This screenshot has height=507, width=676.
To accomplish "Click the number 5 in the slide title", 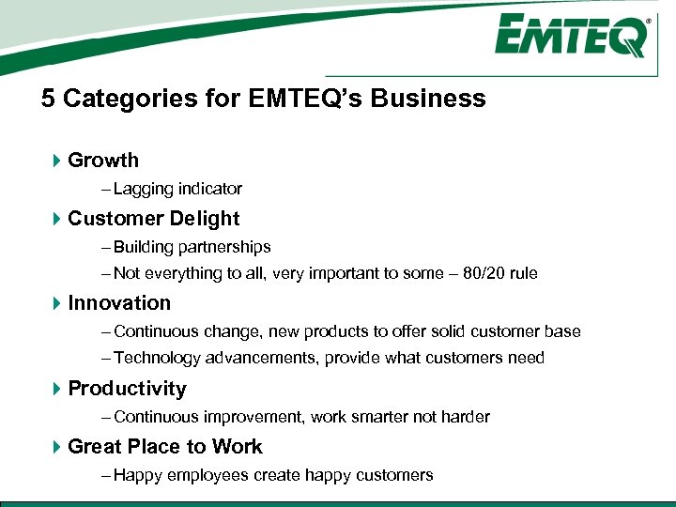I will (48, 99).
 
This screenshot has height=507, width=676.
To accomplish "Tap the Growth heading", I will (103, 161).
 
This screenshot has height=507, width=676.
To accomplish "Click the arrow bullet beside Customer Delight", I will (56, 219).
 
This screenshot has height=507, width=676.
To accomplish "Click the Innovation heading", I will (119, 303).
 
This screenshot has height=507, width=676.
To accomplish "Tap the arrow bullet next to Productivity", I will (56, 389).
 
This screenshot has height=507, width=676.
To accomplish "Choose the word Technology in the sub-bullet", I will (155, 358).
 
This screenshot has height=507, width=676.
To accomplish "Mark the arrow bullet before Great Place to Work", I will (56, 447).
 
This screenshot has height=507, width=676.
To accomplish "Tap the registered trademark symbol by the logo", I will (648, 20).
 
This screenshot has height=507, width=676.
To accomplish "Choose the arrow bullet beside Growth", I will (56, 161).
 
